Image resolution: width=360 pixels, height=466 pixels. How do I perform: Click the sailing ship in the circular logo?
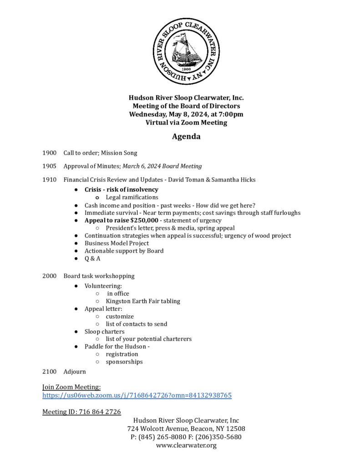tap(186, 50)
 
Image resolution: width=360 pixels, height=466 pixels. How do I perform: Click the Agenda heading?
tap(186, 137)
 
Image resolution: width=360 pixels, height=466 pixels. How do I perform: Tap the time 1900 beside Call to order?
tap(49, 153)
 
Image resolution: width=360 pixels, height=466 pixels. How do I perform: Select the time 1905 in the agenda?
tap(49, 166)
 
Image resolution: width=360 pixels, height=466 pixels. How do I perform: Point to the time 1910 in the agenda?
tap(49, 180)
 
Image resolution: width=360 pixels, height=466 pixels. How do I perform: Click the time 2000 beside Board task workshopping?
tap(49, 276)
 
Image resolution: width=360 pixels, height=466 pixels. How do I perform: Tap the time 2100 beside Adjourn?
tap(49, 372)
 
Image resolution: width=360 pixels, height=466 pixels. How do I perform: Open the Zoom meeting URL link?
tap(137, 395)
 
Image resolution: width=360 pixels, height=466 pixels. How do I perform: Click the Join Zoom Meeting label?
tap(71, 387)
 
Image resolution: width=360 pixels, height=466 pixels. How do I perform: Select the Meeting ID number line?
tap(81, 412)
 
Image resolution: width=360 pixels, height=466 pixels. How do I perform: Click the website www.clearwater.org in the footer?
tap(186, 445)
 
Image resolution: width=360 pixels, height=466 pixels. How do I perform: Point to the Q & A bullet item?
tap(92, 258)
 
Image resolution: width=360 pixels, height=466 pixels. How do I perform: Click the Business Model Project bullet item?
tap(117, 243)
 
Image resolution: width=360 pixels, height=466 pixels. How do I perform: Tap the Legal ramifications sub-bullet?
tap(132, 197)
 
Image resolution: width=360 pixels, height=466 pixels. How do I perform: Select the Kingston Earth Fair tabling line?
tap(143, 301)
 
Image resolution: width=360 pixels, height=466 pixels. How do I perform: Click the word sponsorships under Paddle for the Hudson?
tap(124, 362)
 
